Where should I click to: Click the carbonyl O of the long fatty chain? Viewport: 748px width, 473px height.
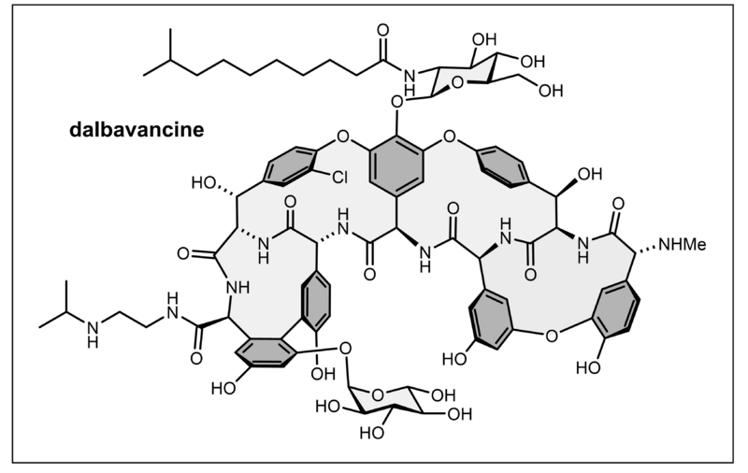pyautogui.click(x=381, y=29)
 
